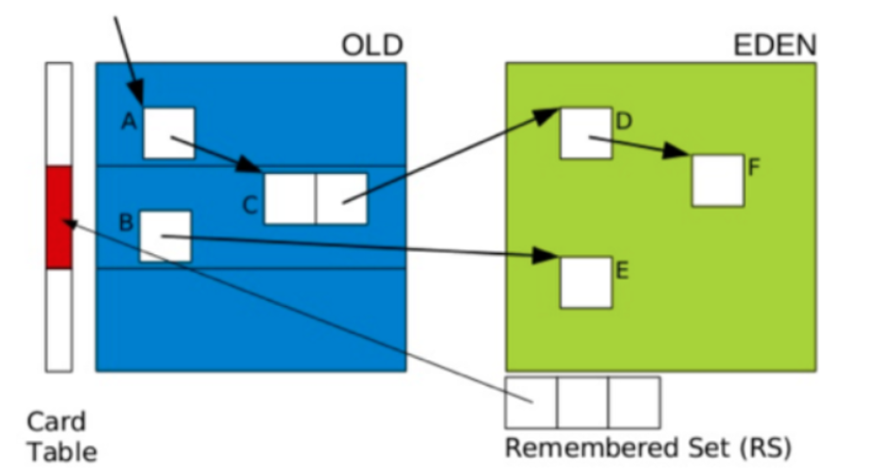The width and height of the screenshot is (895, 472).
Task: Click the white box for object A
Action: pyautogui.click(x=169, y=133)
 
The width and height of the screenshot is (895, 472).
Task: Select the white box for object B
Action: pyautogui.click(x=165, y=236)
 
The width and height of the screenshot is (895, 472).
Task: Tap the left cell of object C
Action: pyautogui.click(x=290, y=199)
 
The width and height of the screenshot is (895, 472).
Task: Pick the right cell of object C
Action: pyautogui.click(x=342, y=199)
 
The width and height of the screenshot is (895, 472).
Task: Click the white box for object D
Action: pyautogui.click(x=586, y=133)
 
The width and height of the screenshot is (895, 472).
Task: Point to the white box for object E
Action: pyautogui.click(x=586, y=282)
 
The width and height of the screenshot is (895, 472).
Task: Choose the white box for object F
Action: pyautogui.click(x=718, y=180)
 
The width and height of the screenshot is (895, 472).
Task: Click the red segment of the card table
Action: pyautogui.click(x=59, y=217)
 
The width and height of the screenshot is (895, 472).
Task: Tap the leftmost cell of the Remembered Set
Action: pyautogui.click(x=531, y=402)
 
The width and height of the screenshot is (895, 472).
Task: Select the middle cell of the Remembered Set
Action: pyautogui.click(x=582, y=402)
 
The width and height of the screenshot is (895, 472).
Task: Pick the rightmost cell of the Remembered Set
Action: pyautogui.click(x=634, y=402)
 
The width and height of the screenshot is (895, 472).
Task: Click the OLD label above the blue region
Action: pyautogui.click(x=373, y=46)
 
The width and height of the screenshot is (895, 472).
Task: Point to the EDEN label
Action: pyautogui.click(x=775, y=46)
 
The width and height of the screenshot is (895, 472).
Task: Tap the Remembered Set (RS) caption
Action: pyautogui.click(x=648, y=449)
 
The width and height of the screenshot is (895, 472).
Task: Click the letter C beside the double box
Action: pyautogui.click(x=250, y=206)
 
